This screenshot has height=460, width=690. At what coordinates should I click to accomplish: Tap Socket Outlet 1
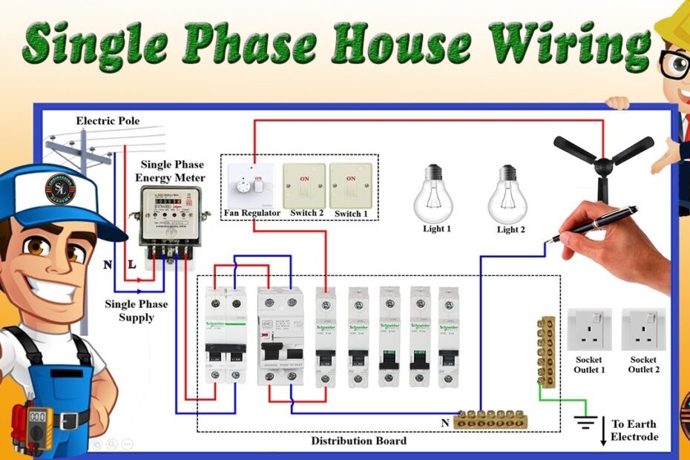pyautogui.click(x=590, y=329)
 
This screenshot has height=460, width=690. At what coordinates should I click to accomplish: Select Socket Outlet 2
pyautogui.click(x=643, y=329)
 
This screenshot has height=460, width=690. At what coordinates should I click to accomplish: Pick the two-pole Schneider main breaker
pyautogui.click(x=226, y=335)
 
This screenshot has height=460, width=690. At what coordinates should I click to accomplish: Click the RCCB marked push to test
pyautogui.click(x=280, y=335)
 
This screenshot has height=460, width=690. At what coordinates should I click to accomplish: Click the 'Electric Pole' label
pyautogui.click(x=108, y=121)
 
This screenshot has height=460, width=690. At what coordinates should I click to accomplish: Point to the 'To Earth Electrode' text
pyautogui.click(x=634, y=430)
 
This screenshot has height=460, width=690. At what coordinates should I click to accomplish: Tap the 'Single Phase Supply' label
pyautogui.click(x=136, y=311)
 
